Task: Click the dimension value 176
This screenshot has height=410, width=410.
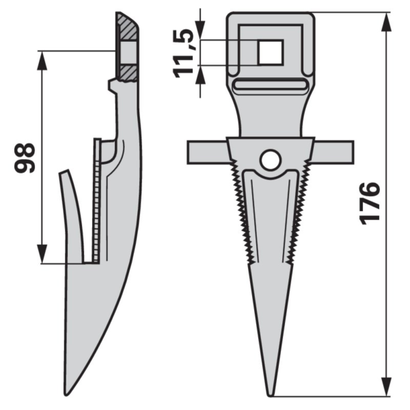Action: (x=370, y=202)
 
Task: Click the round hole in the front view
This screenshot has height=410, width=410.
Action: (x=270, y=161)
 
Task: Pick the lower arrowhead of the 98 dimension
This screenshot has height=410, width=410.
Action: (x=43, y=255)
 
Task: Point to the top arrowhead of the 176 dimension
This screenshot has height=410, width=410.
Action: (x=387, y=19)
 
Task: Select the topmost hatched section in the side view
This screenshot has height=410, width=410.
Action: (x=127, y=28)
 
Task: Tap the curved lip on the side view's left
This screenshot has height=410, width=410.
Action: (x=73, y=205)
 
